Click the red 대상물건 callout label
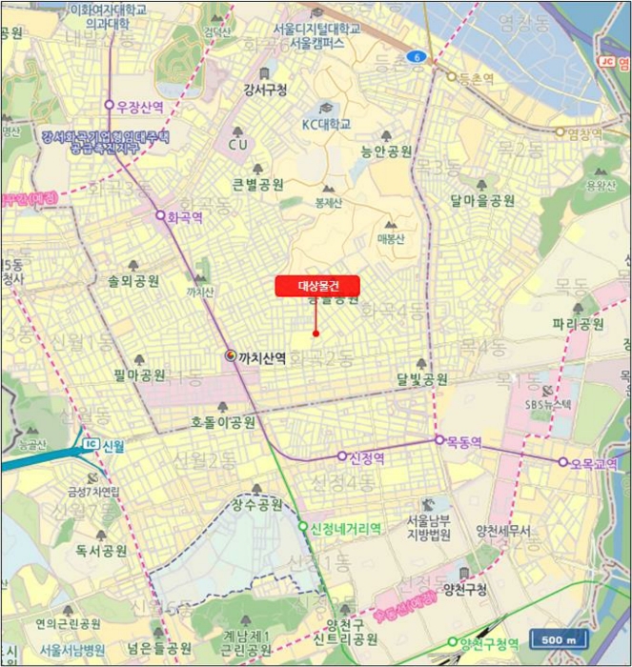click(316, 285)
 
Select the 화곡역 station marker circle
click(160, 215)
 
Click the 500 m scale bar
click(558, 639)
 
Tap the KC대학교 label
click(327, 124)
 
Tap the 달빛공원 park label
click(422, 379)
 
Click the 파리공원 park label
click(578, 324)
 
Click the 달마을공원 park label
click(482, 201)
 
